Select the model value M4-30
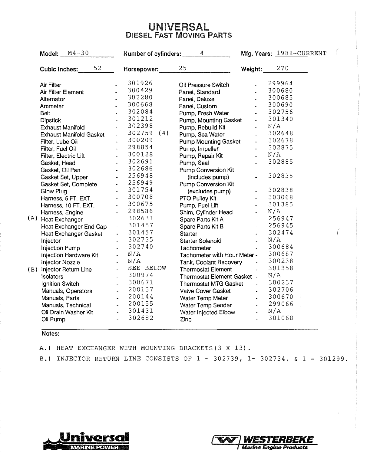tap(78, 53)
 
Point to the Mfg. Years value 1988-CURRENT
tap(301, 54)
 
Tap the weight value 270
tap(283, 68)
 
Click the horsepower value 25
tap(183, 68)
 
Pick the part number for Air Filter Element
tap(140, 90)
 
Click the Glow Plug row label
tap(54, 191)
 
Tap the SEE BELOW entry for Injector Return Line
tap(147, 268)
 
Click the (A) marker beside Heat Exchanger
tap(32, 218)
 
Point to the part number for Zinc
tap(281, 318)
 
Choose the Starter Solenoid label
tap(200, 241)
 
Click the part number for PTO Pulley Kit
tap(281, 197)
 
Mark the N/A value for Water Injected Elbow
tap(274, 311)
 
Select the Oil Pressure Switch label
tap(204, 85)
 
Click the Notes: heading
tap(51, 334)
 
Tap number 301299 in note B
tap(332, 359)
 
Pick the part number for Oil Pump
tap(141, 318)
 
